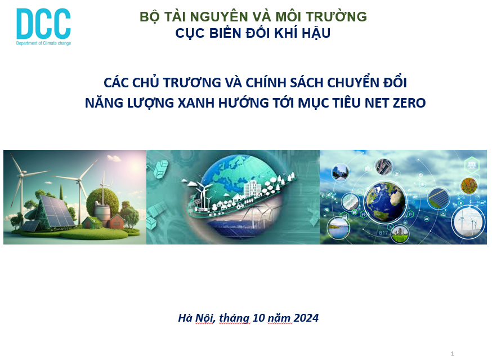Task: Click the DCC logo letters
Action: tap(43, 24)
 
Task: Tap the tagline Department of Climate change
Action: tap(43, 43)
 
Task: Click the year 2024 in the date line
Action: tap(306, 318)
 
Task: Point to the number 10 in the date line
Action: tap(258, 318)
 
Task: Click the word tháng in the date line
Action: tap(234, 318)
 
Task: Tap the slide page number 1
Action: tap(453, 353)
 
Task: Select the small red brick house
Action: tap(115, 221)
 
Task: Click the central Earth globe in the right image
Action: tap(384, 201)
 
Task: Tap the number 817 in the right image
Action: tap(383, 233)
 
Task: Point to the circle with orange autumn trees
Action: tap(469, 186)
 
